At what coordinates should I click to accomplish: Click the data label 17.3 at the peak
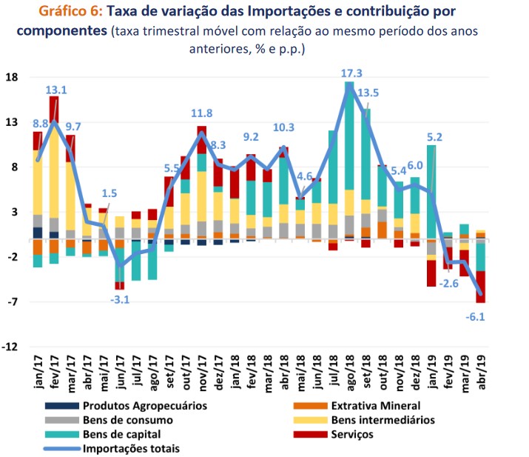pos(351,73)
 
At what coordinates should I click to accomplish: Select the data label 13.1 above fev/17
pos(56,90)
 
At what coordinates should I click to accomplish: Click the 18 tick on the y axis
pos(13,78)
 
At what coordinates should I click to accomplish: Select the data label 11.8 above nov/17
pos(202,113)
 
